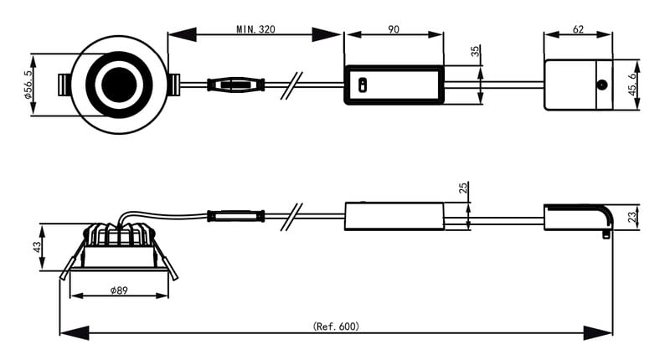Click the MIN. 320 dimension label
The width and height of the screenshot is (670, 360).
tap(255, 29)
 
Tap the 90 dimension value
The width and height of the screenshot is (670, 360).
tap(394, 29)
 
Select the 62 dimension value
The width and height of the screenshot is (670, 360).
tap(578, 29)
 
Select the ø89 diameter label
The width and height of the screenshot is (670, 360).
tap(118, 290)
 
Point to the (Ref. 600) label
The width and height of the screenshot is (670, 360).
tap(336, 326)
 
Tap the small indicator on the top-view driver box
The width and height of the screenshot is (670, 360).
tap(362, 85)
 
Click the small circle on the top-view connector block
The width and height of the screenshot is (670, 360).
tap(601, 85)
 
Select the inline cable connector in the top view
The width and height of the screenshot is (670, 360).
tap(236, 85)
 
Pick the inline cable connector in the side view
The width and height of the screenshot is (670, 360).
tap(235, 216)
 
